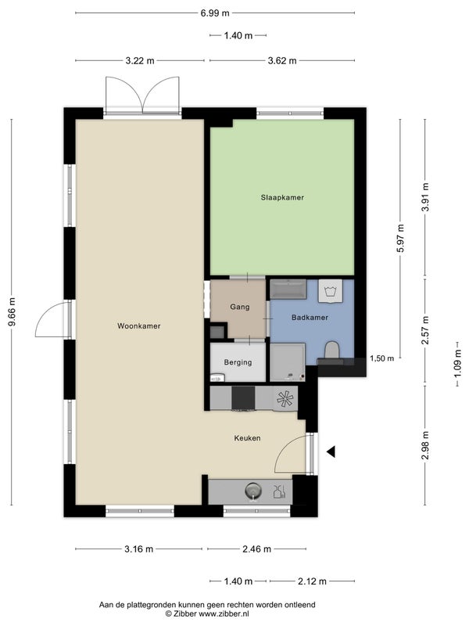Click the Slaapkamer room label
click(282, 198)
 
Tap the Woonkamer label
click(139, 326)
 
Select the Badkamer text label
click(310, 318)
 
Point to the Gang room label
click(240, 308)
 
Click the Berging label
click(238, 363)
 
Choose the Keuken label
click(247, 438)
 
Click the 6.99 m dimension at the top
click(215, 13)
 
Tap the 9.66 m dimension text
click(13, 311)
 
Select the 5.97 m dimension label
click(401, 238)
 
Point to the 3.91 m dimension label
click(426, 197)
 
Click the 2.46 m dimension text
click(257, 549)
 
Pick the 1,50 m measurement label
click(381, 358)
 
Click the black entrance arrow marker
click(331, 452)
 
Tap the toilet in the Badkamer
click(331, 350)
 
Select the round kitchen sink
click(252, 491)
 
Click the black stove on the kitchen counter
click(243, 398)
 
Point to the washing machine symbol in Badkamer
click(330, 291)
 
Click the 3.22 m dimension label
click(140, 61)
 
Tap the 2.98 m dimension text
click(426, 445)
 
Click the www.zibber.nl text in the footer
click(224, 613)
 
